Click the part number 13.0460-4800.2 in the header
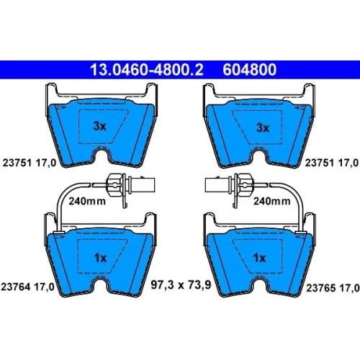coord(147,70)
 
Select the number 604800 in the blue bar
coord(250,70)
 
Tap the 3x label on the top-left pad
coord(99,126)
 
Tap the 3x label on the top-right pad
coord(263,127)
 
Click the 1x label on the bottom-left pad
coord(100,258)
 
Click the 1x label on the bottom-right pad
coord(259,258)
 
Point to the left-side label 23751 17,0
coord(30,163)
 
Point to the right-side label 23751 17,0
coord(332,163)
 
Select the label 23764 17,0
coord(28,287)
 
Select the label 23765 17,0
coord(333,288)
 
